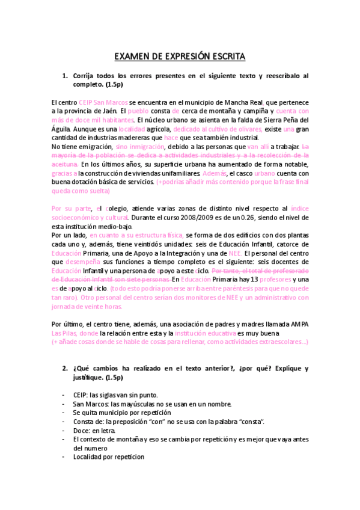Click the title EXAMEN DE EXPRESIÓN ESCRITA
180,57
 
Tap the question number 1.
66,76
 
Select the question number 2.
66,369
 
